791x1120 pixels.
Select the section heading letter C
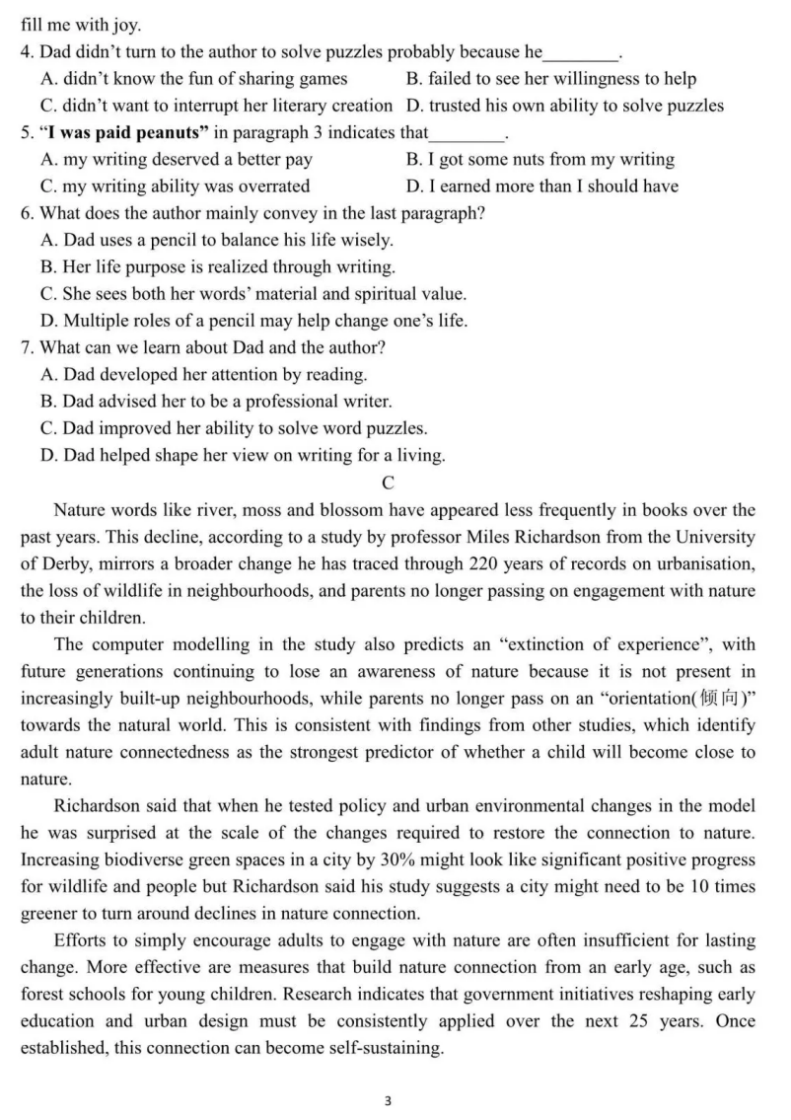point(388,483)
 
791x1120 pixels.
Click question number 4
point(27,52)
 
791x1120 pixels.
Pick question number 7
point(27,347)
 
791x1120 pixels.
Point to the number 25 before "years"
point(638,1020)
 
